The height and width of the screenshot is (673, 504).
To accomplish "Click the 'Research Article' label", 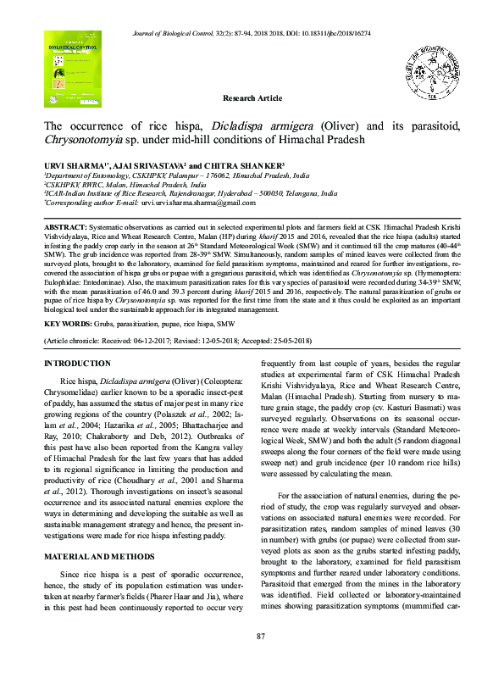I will (x=252, y=99).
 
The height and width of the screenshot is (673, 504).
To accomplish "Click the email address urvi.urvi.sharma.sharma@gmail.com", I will (x=186, y=203).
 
